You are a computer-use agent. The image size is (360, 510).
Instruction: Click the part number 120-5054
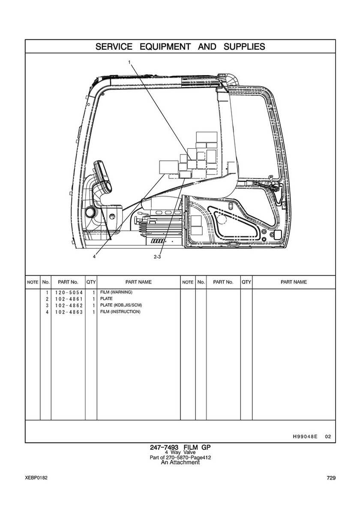click(68, 292)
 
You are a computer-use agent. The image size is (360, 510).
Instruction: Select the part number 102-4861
click(68, 299)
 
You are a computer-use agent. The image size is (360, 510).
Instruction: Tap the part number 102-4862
click(68, 305)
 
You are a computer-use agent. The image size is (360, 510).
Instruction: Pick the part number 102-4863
click(68, 312)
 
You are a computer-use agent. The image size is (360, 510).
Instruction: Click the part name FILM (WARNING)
click(116, 292)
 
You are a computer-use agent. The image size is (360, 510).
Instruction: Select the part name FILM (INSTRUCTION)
click(120, 312)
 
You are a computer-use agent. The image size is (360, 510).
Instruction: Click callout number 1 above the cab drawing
click(129, 62)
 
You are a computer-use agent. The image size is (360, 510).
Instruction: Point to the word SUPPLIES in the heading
click(244, 46)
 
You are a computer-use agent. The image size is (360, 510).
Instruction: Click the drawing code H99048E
click(305, 437)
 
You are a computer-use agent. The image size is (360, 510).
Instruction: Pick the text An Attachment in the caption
click(180, 462)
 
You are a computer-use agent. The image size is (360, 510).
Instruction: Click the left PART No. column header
click(68, 282)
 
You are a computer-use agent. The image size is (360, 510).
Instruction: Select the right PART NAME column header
click(294, 282)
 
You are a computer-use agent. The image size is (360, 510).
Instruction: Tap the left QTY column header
click(91, 282)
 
